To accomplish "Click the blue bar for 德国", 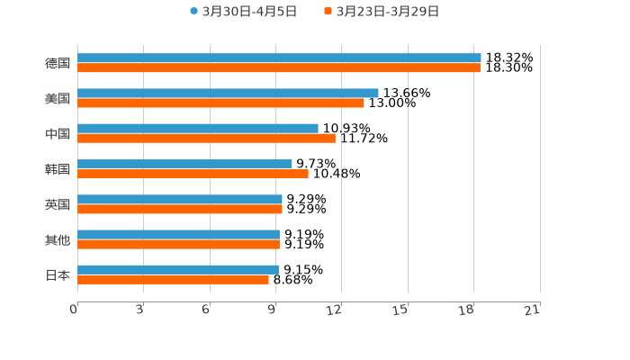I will click(x=279, y=58).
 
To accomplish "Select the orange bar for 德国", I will click(x=279, y=68).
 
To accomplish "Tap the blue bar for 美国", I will click(x=228, y=93).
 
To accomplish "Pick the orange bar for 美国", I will click(x=220, y=103).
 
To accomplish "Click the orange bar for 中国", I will click(x=206, y=139).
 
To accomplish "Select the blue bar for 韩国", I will click(x=184, y=164).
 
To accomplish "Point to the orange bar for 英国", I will click(x=180, y=210).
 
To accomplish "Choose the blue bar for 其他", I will click(x=178, y=234).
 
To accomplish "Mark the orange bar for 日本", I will click(x=173, y=280).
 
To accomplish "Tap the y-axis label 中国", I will click(x=58, y=134).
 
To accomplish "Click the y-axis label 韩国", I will click(x=58, y=169).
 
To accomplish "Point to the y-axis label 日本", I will click(x=58, y=275).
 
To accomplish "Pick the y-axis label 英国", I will click(x=58, y=204).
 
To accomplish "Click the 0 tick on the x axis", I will click(x=75, y=310).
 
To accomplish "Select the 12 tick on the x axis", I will click(x=335, y=310).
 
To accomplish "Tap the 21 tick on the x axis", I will click(x=533, y=310).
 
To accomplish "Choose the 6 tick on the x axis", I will click(x=206, y=310).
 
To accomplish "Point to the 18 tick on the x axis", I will click(x=467, y=310).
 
